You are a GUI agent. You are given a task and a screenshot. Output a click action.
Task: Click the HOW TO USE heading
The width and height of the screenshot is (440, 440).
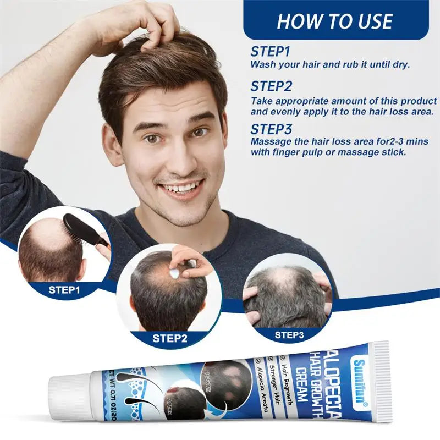[x=334, y=21]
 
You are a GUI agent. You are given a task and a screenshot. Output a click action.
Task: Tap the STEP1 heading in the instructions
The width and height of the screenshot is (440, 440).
[x=270, y=52]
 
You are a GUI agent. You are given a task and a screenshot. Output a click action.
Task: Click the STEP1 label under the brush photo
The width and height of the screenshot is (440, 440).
[x=64, y=289]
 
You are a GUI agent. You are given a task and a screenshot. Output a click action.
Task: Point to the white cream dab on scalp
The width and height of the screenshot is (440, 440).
[x=175, y=271]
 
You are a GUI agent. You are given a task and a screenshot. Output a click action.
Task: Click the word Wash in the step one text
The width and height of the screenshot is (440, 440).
[x=263, y=64]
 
